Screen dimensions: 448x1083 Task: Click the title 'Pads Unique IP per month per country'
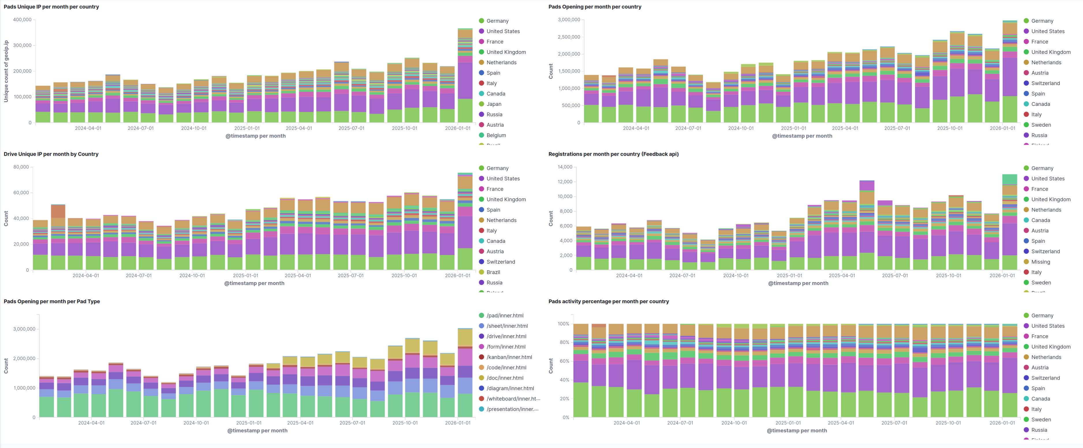pyautogui.click(x=51, y=7)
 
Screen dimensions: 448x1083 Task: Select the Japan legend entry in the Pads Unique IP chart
pyautogui.click(x=494, y=104)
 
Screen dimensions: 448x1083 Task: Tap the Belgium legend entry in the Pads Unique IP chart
pyautogui.click(x=496, y=135)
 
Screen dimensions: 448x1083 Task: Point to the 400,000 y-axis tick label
pyautogui.click(x=22, y=20)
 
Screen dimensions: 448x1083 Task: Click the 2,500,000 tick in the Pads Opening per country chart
pyautogui.click(x=568, y=37)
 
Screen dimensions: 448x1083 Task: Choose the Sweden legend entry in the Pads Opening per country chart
pyautogui.click(x=1041, y=125)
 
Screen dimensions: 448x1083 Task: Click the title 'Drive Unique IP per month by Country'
pyautogui.click(x=51, y=154)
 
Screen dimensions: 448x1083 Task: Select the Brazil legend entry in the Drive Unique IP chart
pyautogui.click(x=493, y=272)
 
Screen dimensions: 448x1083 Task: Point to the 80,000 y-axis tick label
pyautogui.click(x=21, y=167)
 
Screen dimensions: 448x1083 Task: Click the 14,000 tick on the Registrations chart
pyautogui.click(x=565, y=167)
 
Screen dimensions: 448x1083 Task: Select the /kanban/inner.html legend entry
pyautogui.click(x=509, y=357)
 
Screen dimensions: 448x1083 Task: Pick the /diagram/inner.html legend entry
pyautogui.click(x=510, y=388)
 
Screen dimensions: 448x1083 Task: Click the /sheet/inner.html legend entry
pyautogui.click(x=507, y=326)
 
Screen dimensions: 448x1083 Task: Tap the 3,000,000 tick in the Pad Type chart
pyautogui.click(x=24, y=329)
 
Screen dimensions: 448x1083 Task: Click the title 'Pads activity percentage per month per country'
pyautogui.click(x=608, y=301)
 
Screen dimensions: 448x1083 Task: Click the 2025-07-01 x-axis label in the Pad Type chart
pyautogui.click(x=352, y=423)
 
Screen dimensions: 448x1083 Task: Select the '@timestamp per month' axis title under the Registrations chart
pyautogui.click(x=798, y=283)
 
